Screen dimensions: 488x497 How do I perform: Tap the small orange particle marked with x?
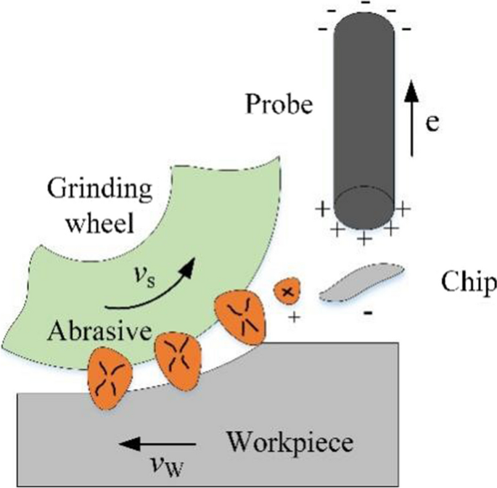click(x=287, y=292)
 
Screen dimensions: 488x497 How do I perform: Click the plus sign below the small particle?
click(x=294, y=318)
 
